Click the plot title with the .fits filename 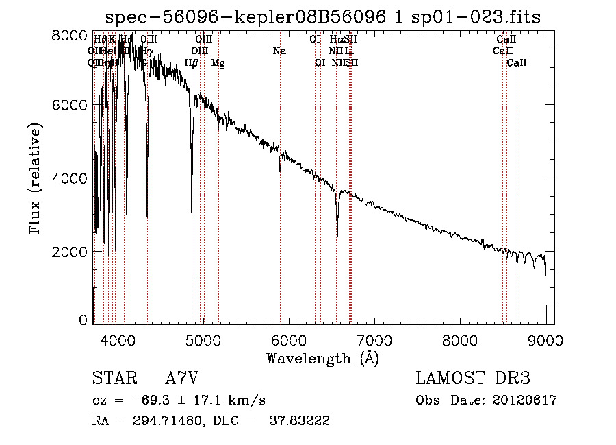324,18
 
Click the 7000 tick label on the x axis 374,339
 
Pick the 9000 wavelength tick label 546,339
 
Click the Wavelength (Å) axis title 322,358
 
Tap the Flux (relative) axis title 34,178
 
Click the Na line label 279,51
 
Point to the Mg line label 218,63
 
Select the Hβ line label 192,63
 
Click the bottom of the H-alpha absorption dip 337,236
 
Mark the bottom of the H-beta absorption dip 192,214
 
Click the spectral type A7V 182,379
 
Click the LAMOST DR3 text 472,379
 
